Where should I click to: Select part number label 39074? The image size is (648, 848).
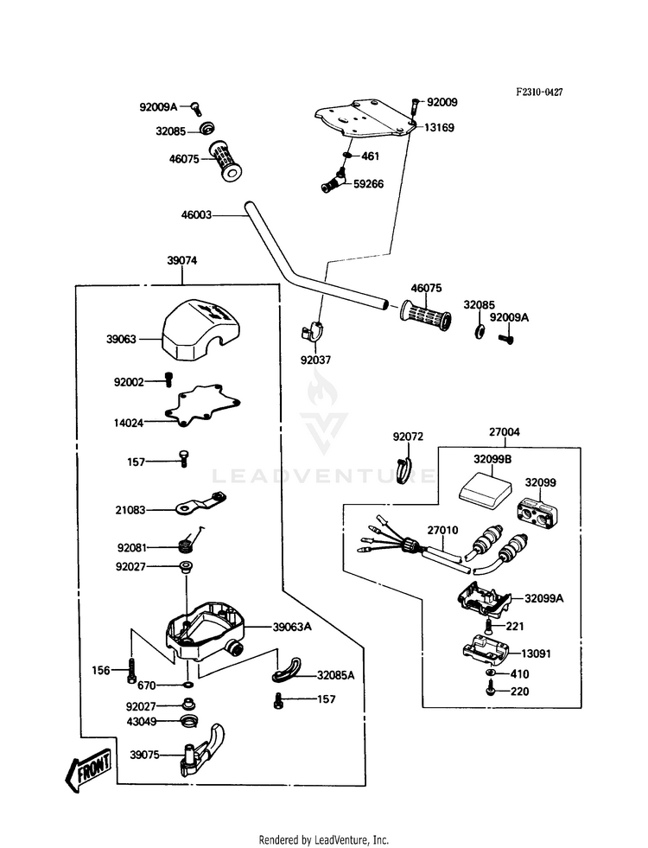[182, 260]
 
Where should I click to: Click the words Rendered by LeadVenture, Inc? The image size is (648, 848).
[323, 839]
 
